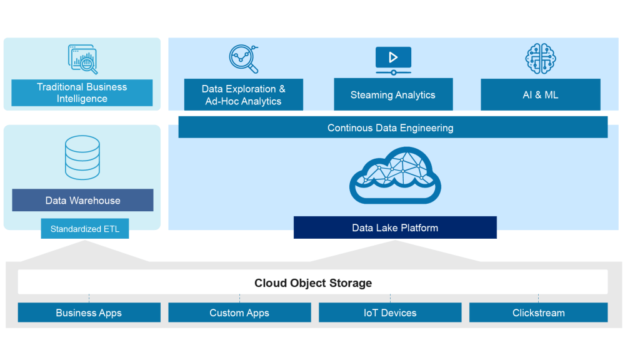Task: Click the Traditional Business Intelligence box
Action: (82, 92)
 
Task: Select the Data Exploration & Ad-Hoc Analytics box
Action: (243, 95)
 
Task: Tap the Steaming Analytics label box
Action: (392, 95)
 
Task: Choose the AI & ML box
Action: (540, 95)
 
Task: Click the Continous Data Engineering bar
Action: (392, 127)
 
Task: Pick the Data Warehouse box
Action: (82, 201)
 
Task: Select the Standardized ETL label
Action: (84, 229)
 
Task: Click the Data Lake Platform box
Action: (395, 227)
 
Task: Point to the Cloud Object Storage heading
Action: (312, 283)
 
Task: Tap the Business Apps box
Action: (89, 312)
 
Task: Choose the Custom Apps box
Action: (239, 312)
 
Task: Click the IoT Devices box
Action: (390, 312)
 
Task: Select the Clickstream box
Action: (538, 312)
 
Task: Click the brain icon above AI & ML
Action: (540, 59)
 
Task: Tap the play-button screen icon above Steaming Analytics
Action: (393, 60)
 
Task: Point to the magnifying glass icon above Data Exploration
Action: (243, 59)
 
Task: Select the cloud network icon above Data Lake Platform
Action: (395, 176)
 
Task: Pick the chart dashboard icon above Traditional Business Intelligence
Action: (82, 59)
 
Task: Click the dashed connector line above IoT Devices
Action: (391, 298)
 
